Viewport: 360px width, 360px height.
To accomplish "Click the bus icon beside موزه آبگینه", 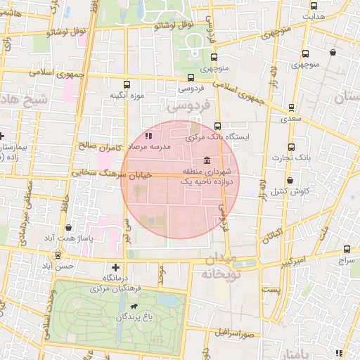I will (127, 84).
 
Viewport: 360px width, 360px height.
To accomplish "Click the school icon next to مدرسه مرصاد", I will (148, 136).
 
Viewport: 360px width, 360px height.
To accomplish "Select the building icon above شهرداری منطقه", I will (206, 160).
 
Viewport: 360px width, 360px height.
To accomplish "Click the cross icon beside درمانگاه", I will (116, 267).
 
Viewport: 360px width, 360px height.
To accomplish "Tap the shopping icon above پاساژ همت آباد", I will (67, 227).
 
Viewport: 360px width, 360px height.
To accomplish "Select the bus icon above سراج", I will (347, 249).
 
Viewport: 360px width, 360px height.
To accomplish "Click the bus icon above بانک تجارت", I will (291, 147).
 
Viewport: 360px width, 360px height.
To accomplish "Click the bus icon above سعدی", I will (291, 108).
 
